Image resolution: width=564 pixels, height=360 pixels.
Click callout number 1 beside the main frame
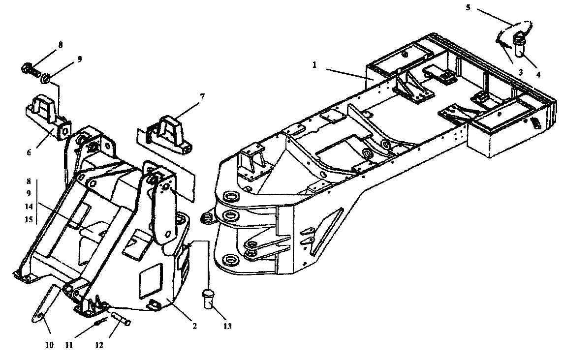click(x=315, y=65)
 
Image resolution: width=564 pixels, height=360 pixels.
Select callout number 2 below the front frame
click(x=194, y=326)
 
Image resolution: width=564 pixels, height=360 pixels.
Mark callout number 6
click(x=29, y=152)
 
